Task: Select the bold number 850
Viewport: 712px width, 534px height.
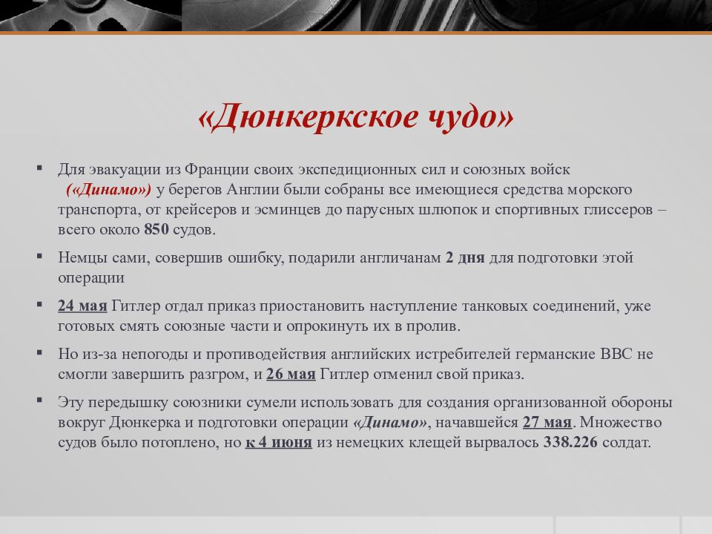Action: tap(156, 229)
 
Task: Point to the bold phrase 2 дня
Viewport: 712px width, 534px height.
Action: tap(465, 258)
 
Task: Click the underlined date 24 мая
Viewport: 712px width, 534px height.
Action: tap(83, 306)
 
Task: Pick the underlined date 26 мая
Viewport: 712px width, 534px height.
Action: tap(291, 374)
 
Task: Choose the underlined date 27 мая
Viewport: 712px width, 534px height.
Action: tap(547, 423)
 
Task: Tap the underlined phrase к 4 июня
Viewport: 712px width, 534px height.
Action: tap(278, 443)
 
